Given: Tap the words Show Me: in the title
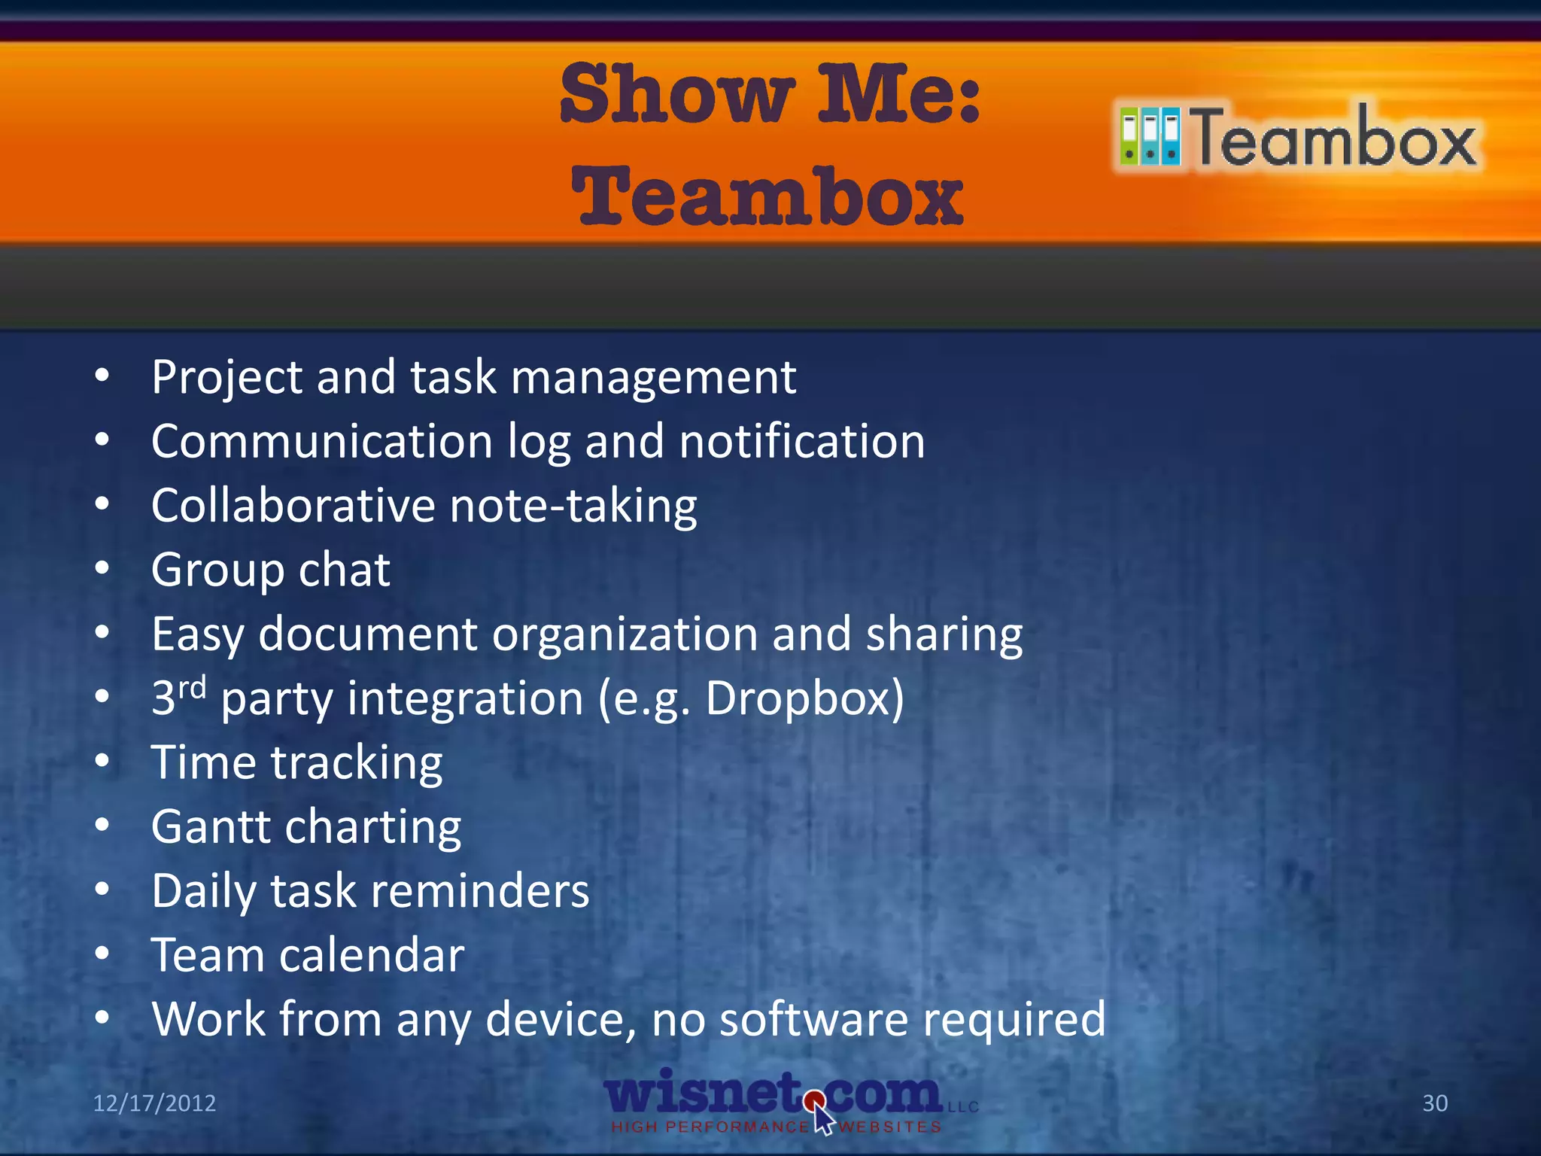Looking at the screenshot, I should pyautogui.click(x=770, y=95).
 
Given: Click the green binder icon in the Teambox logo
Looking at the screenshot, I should pyautogui.click(x=1129, y=136).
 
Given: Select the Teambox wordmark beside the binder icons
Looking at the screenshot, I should pyautogui.click(x=1336, y=138).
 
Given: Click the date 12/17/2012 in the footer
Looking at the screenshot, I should pyautogui.click(x=154, y=1103).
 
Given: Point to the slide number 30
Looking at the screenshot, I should pyautogui.click(x=1435, y=1103).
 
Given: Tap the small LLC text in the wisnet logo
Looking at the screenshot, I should pyautogui.click(x=963, y=1107).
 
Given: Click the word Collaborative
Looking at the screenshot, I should pyautogui.click(x=293, y=505).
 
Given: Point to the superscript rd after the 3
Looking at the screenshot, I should pyautogui.click(x=192, y=687).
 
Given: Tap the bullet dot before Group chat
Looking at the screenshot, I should pyautogui.click(x=102, y=568).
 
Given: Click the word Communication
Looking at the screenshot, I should pyautogui.click(x=321, y=441).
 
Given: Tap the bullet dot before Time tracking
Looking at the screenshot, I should pyautogui.click(x=102, y=761).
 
